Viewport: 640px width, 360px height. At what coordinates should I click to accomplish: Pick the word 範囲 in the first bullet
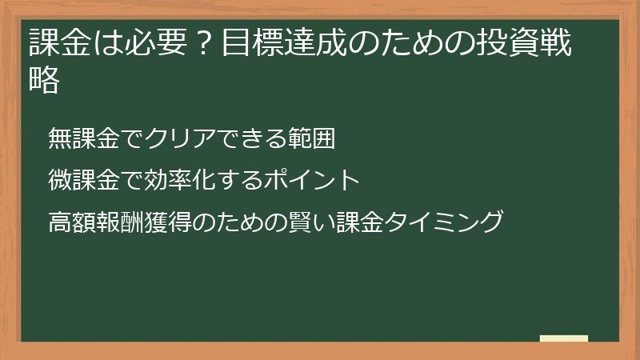pyautogui.click(x=313, y=139)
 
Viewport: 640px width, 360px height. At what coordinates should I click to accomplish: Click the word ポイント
pyautogui.click(x=313, y=180)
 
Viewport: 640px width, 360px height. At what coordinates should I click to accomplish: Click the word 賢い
pyautogui.click(x=314, y=221)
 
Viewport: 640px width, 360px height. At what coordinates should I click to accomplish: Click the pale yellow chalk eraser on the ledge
pyautogui.click(x=564, y=338)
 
